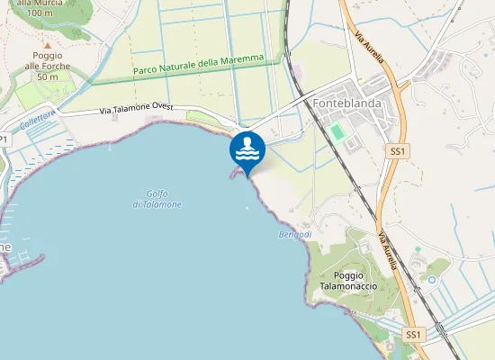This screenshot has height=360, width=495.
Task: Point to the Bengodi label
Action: (294, 235)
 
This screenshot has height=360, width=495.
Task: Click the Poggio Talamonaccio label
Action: (355, 280)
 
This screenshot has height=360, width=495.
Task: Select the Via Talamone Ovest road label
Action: (136, 107)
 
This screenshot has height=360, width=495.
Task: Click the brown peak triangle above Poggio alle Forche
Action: (46, 42)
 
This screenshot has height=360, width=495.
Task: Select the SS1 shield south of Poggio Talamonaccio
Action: (413, 335)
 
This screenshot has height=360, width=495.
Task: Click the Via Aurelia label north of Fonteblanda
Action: (369, 48)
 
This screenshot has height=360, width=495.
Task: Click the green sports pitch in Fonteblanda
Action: (337, 132)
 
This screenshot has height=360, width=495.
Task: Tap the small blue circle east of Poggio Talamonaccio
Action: (431, 280)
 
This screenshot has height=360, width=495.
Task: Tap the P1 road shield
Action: (4, 139)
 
